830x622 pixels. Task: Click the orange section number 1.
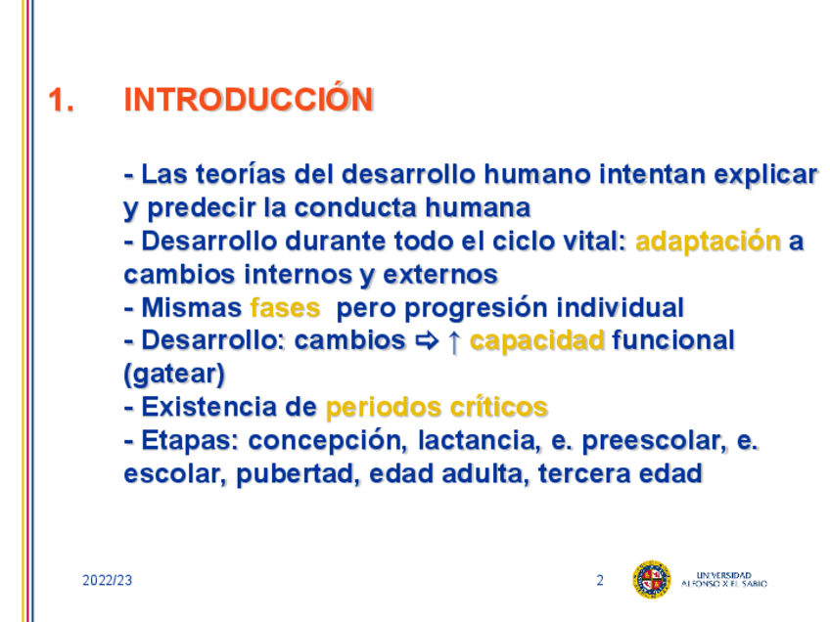pyautogui.click(x=61, y=100)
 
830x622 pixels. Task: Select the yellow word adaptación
pyautogui.click(x=709, y=243)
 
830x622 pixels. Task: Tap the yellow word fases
pyautogui.click(x=285, y=308)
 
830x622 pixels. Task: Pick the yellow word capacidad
pyautogui.click(x=536, y=341)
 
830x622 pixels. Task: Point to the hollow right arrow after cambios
pyautogui.click(x=427, y=341)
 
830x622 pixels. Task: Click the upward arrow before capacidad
pyautogui.click(x=453, y=342)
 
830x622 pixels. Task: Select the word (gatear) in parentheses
pyautogui.click(x=174, y=375)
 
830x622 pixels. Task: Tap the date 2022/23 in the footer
pyautogui.click(x=107, y=580)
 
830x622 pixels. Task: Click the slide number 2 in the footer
pyautogui.click(x=600, y=580)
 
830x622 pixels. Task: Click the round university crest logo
pyautogui.click(x=652, y=580)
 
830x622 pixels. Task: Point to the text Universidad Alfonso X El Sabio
pyautogui.click(x=723, y=579)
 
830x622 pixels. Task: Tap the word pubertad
pyautogui.click(x=295, y=474)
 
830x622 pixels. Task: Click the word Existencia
pyautogui.click(x=209, y=407)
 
